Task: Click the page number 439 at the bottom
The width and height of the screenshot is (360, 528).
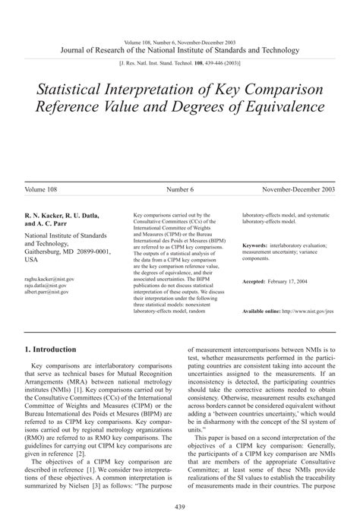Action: [180, 507]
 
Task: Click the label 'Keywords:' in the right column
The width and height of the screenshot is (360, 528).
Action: [255, 245]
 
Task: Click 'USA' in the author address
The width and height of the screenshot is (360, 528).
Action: [31, 259]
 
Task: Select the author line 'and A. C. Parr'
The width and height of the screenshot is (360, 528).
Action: [47, 224]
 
